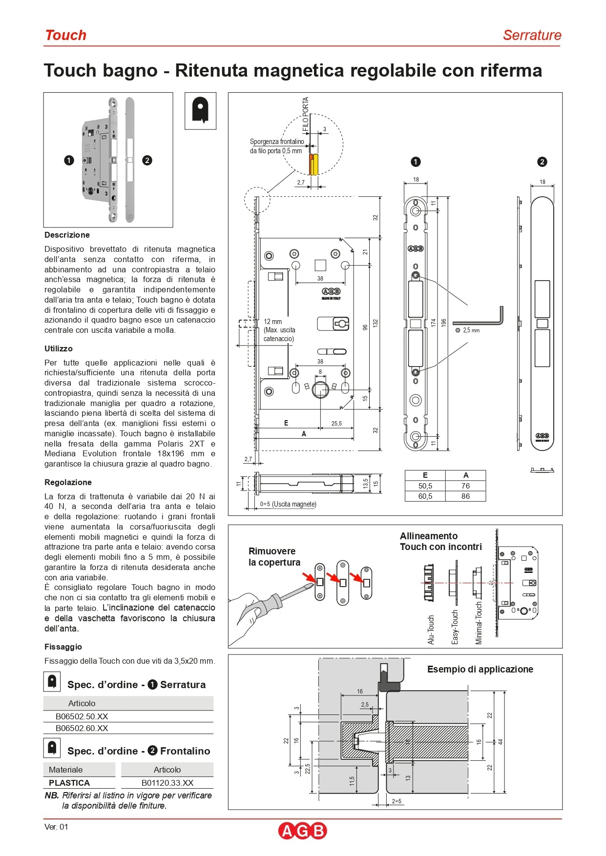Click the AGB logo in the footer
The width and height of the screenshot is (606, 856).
point(302,831)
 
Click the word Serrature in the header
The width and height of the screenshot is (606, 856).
point(532,35)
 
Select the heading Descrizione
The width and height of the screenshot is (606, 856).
point(67,235)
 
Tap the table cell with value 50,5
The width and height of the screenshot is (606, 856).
point(425,486)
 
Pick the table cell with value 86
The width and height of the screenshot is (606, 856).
point(465,496)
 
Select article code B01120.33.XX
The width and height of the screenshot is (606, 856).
point(167,783)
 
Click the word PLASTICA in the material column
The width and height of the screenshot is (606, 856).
point(69,783)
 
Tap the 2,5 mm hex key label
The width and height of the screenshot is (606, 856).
point(471,330)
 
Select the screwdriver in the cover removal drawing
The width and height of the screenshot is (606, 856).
point(283,597)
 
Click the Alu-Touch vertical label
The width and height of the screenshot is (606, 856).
point(431,630)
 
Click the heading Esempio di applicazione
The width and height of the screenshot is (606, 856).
point(480,669)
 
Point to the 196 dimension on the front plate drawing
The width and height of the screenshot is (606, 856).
point(444,323)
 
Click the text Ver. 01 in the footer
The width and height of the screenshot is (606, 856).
point(56,827)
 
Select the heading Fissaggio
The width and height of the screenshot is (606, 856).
point(63,647)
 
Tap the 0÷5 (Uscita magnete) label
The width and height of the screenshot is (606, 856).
point(288,504)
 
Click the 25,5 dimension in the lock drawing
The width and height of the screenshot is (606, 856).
point(336,423)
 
